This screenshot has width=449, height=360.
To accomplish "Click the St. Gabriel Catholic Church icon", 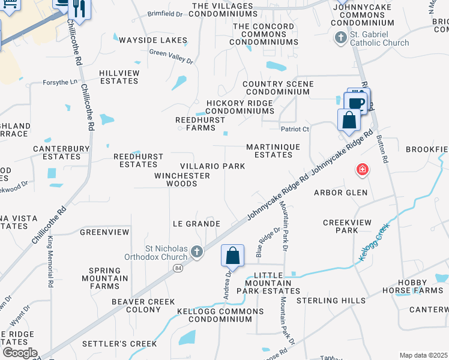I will [340, 38].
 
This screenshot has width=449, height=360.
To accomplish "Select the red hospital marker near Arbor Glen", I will [362, 170].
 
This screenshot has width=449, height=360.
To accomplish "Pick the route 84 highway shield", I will [178, 268].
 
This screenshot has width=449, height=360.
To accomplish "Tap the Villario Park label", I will [212, 166].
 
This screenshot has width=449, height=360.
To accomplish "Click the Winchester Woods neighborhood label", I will [182, 179].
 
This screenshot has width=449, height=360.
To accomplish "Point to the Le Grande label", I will [196, 224].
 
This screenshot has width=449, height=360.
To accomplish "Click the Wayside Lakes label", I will [152, 40].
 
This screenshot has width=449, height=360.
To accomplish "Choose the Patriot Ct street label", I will [295, 129].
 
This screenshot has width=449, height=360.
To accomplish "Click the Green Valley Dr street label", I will [172, 57].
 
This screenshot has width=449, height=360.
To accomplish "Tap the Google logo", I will [20, 353].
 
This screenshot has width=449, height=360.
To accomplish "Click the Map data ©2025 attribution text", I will [423, 355].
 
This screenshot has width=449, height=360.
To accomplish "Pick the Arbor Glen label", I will [340, 193].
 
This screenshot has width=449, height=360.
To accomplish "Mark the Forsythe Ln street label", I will [60, 82].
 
